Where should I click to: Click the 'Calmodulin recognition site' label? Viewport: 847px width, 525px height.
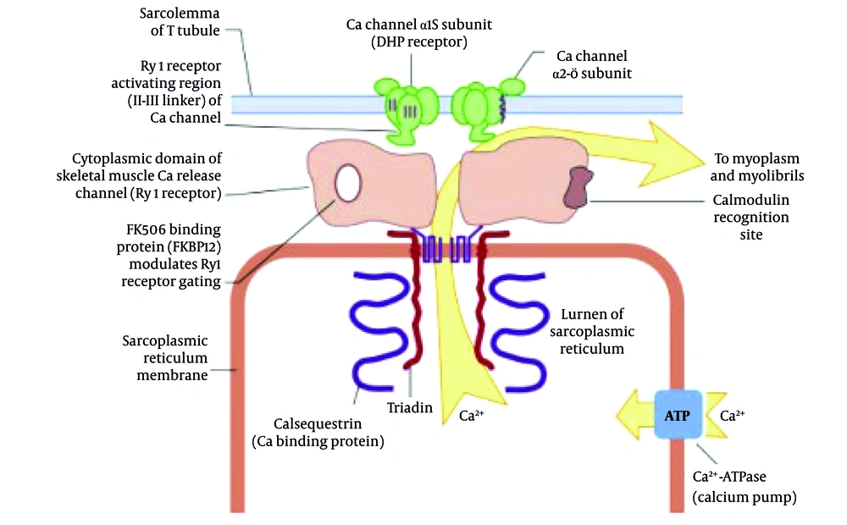[750, 218]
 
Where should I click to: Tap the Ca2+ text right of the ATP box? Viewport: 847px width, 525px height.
[732, 417]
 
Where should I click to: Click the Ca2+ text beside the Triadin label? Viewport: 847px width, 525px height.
[472, 416]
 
